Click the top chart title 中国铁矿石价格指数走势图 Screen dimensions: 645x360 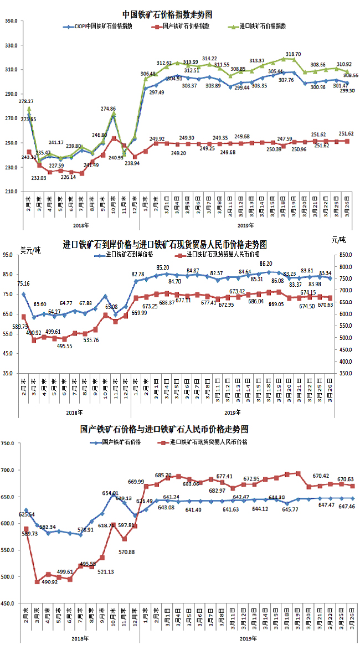[x=168, y=14]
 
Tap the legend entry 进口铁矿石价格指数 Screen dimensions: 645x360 [x=265, y=26]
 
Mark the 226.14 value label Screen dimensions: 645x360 [x=68, y=177]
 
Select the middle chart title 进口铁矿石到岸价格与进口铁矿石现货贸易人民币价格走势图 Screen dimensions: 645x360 [x=164, y=244]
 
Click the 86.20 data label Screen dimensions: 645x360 [x=266, y=264]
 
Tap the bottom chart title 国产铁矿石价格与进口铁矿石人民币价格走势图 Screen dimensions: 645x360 [x=164, y=429]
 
